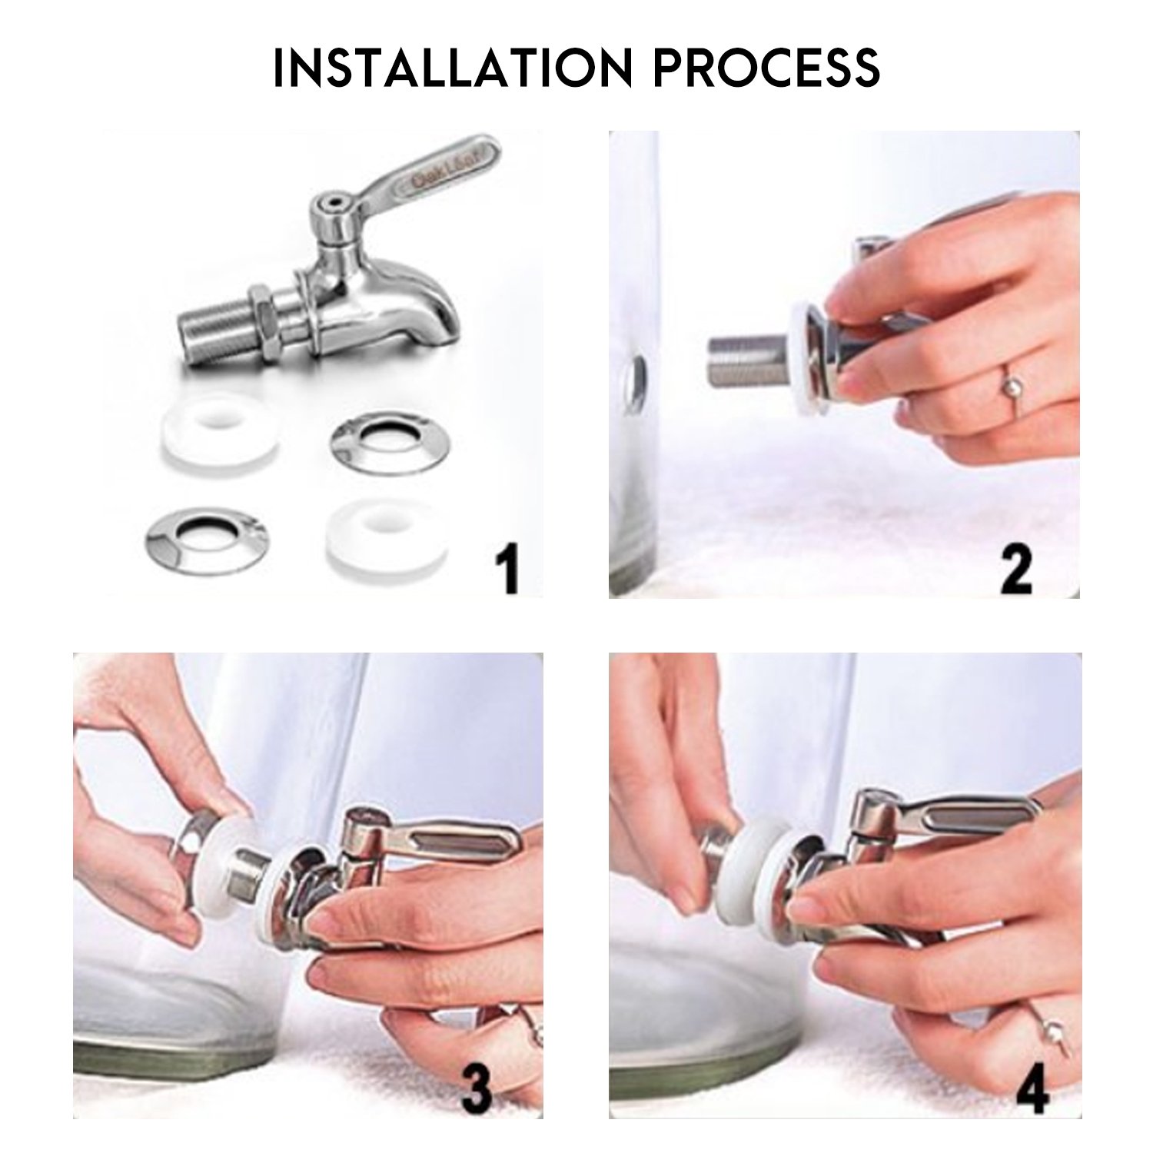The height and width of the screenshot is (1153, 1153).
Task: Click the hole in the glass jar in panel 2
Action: [638, 374]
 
